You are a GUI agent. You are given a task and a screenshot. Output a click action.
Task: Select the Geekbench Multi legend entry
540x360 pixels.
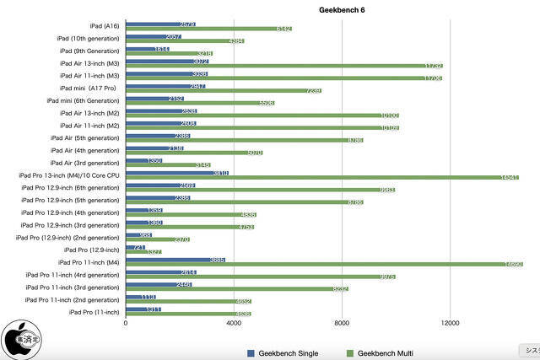[384, 352]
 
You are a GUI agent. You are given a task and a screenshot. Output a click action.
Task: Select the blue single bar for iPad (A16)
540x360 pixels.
[160, 24]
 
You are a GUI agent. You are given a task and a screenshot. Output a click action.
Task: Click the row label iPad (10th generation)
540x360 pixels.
[89, 39]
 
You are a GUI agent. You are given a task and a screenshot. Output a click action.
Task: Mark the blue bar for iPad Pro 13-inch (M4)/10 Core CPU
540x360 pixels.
[177, 173]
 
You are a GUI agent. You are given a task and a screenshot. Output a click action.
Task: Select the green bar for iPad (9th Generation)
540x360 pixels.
[169, 54]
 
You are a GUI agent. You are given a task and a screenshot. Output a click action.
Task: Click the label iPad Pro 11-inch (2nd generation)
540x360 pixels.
[73, 299]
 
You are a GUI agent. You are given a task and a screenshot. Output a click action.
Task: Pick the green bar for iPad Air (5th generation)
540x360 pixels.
[244, 140]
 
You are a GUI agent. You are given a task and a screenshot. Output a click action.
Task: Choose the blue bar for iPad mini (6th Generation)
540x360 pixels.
[154, 99]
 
